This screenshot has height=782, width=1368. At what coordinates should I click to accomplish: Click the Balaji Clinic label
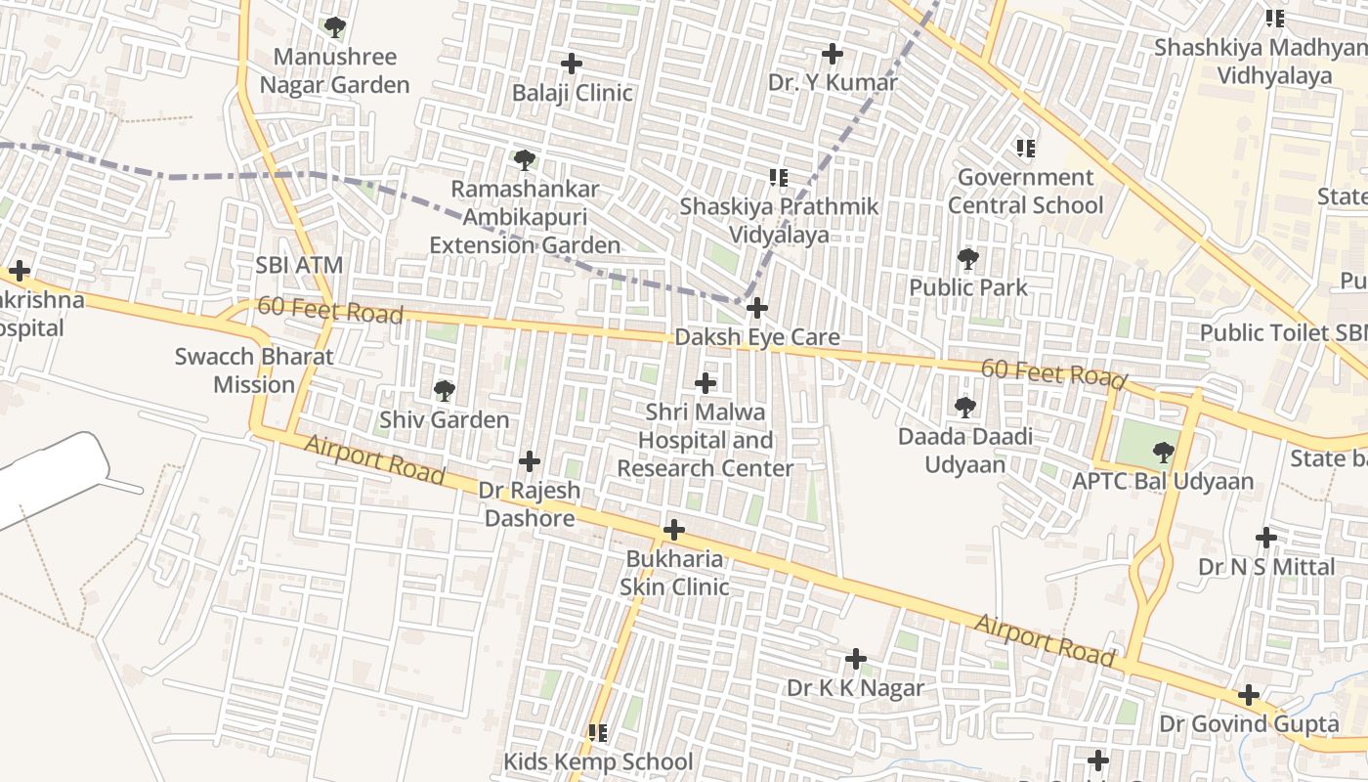coord(572,93)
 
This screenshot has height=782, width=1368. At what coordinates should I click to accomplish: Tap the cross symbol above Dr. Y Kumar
coord(833,54)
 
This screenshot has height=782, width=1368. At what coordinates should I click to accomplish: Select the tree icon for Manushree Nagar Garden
coord(335,27)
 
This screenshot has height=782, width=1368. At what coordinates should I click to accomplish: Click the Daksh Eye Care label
coord(756,337)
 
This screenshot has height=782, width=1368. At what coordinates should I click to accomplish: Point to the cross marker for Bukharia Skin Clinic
coord(673,531)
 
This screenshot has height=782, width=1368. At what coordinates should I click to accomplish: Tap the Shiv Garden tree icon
coord(444,392)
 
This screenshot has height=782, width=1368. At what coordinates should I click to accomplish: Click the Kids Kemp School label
coord(597,760)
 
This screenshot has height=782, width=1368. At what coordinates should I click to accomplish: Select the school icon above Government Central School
coord(1025,149)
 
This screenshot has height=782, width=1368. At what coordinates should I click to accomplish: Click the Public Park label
coord(968,287)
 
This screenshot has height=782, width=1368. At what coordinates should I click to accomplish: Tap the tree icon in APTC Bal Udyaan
coord(1163,453)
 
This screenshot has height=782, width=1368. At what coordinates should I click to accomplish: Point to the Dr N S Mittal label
coord(1265,567)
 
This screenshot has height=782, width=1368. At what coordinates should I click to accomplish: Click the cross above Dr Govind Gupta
coord(1248,696)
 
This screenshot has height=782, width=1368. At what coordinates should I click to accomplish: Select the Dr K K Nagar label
coord(855,688)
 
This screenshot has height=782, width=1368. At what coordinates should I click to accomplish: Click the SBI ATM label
coord(299,265)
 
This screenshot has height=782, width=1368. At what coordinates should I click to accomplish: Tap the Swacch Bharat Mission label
coord(254,370)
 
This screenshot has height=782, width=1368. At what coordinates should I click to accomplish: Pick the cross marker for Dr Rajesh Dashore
coord(530,461)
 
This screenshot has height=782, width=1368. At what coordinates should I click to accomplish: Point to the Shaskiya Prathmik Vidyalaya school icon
coord(779,178)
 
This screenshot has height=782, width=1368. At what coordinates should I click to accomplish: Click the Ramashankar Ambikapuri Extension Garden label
coord(525,217)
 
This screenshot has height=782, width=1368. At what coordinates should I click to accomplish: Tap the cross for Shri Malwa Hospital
coord(705,383)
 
